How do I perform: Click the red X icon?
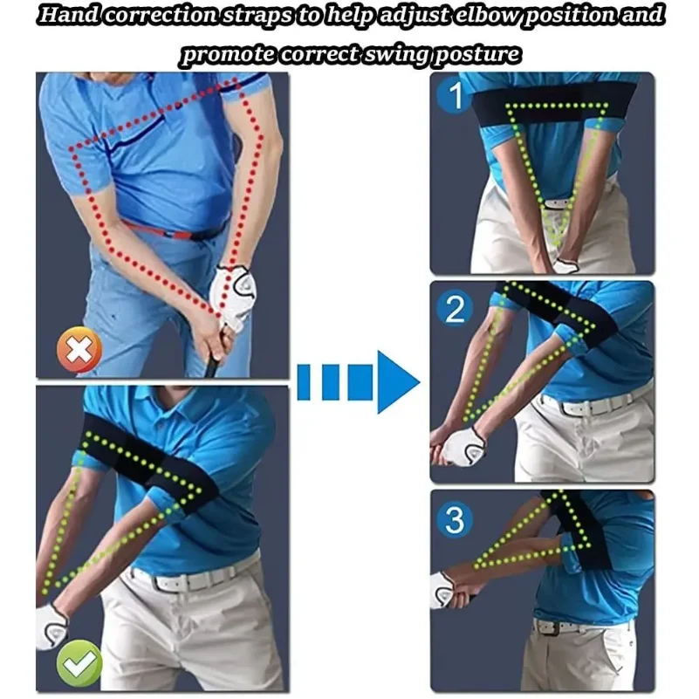79,350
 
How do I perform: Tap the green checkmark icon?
79,663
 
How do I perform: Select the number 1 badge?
455,95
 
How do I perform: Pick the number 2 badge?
455,308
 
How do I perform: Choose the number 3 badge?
455,520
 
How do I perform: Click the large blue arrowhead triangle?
399,382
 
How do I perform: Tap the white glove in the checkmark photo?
51,626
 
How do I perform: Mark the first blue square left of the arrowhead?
360,382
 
